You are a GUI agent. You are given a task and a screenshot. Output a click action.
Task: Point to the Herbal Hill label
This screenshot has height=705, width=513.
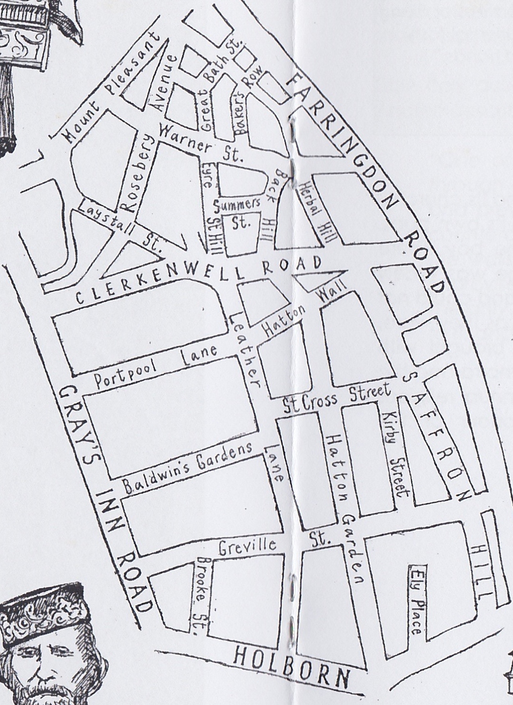point(317,211)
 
